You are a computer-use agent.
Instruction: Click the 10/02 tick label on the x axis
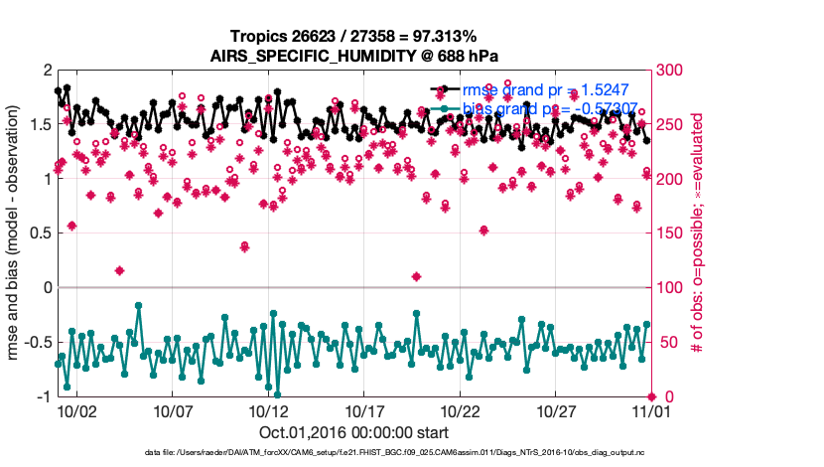[76, 410]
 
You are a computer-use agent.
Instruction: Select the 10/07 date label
[173, 410]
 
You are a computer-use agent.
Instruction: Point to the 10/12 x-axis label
[268, 410]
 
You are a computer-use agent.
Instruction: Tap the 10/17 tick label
[364, 410]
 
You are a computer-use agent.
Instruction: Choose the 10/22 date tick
[461, 410]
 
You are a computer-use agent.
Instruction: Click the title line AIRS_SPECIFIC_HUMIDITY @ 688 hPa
[353, 56]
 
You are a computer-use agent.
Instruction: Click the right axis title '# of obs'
[699, 233]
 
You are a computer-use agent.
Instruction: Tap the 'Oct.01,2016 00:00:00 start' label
[353, 433]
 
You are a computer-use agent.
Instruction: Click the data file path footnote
[395, 453]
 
